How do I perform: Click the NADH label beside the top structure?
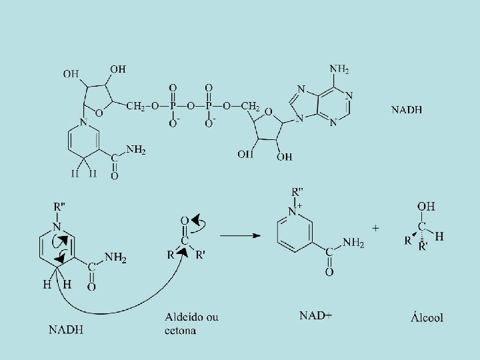pyautogui.click(x=407, y=109)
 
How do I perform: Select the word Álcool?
pyautogui.click(x=426, y=317)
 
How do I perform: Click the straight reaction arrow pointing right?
pyautogui.click(x=241, y=235)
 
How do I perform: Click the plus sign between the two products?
pyautogui.click(x=377, y=228)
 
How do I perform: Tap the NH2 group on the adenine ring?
pyautogui.click(x=339, y=69)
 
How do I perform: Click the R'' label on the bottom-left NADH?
pyautogui.click(x=59, y=203)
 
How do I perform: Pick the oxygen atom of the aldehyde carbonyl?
pyautogui.click(x=185, y=221)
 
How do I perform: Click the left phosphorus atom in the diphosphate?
pyautogui.click(x=173, y=106)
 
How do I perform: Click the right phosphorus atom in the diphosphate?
pyautogui.click(x=209, y=106)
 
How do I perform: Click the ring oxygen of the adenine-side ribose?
pyautogui.click(x=268, y=111)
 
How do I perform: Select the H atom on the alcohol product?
pyautogui.click(x=439, y=236)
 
